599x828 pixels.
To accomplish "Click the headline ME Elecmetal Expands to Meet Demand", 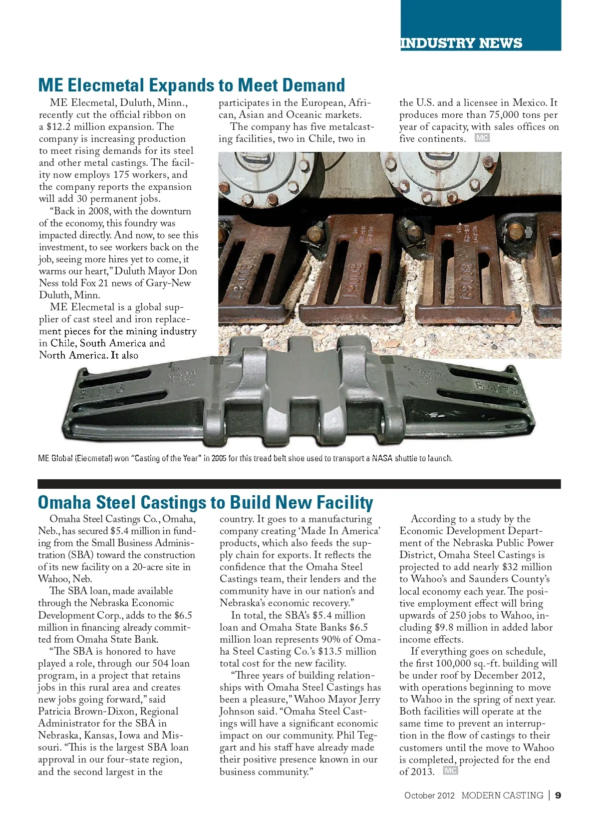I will pos(192,85).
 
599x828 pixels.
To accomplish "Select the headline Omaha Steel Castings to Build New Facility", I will pos(206,502).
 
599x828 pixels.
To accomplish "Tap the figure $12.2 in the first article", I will pos(57,127).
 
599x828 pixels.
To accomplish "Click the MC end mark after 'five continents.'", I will pos(482,138).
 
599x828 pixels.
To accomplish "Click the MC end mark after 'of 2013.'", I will pos(450,771).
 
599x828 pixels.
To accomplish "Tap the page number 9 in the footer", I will pos(558,795).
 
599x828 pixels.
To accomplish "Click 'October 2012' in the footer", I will pos(429,796).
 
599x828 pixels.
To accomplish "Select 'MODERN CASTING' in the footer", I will pos(502,796).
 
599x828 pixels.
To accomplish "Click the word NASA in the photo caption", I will pos(382,458).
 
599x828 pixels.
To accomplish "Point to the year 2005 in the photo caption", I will pos(219,458).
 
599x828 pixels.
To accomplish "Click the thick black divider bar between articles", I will pos(299,484).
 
